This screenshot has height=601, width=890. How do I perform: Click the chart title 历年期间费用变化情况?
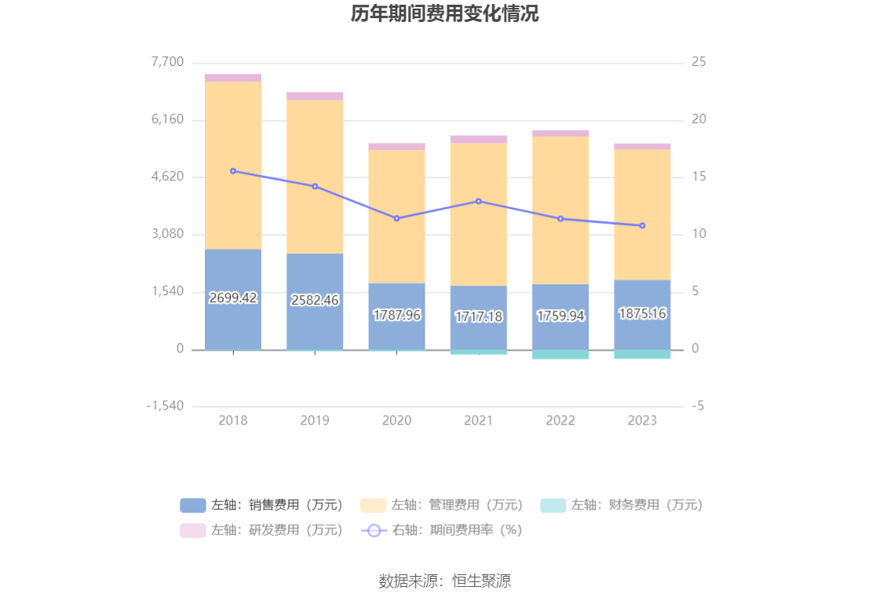point(444,14)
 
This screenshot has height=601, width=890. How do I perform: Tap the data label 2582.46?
point(315,300)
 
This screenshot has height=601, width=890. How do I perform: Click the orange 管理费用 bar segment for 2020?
point(396,216)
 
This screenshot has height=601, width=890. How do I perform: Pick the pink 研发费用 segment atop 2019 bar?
point(315,96)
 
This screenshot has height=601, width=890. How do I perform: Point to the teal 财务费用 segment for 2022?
point(560,355)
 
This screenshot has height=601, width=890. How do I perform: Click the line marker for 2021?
point(479,201)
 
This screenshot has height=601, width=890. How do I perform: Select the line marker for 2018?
point(233,171)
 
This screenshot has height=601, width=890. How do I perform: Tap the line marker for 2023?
point(642,226)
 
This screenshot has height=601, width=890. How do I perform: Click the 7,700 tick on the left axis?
point(167,62)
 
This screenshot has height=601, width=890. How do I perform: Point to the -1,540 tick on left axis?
point(165,406)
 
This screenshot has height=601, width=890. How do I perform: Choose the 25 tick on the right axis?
point(699,62)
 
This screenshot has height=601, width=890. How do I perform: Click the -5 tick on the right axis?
point(699,406)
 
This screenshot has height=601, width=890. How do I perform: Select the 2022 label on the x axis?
point(560,421)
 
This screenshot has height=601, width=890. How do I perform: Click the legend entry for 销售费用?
point(261,505)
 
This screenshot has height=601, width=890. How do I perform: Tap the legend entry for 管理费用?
point(442,505)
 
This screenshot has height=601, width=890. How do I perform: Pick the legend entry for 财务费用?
point(622,505)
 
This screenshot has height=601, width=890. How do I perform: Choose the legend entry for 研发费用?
point(261,530)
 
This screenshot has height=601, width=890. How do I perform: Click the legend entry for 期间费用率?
point(442,530)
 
